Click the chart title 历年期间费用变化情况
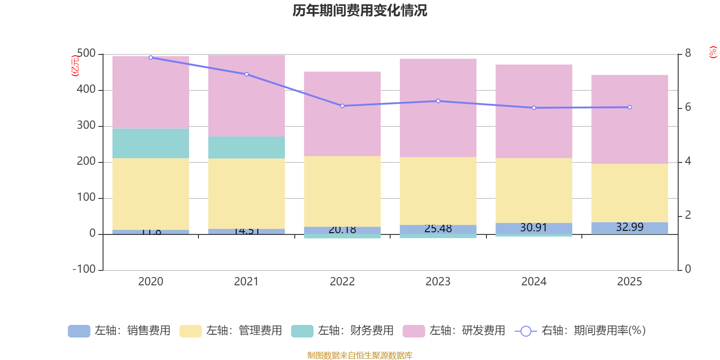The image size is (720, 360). click(360, 10)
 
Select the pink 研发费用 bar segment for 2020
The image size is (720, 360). click(151, 92)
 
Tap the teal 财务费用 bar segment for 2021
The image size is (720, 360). click(247, 147)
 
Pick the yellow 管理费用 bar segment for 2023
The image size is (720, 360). click(438, 191)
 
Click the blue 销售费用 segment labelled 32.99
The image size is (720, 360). click(630, 228)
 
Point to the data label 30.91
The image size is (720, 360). click(534, 228)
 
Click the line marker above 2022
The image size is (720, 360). click(342, 106)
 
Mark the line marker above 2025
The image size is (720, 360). click(630, 107)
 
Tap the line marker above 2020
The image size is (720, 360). click(151, 57)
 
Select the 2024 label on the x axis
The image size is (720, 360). click(534, 282)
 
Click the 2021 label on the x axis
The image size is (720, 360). click(247, 282)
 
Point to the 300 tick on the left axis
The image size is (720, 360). click(86, 126)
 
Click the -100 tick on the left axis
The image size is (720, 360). click(84, 270)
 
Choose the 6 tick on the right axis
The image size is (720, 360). click(688, 107)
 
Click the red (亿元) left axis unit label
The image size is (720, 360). click(75, 66)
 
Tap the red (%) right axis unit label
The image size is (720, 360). click(713, 52)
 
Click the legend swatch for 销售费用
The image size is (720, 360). click(79, 331)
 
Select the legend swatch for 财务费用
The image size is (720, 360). click(302, 331)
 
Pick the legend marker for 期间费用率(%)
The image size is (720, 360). click(526, 331)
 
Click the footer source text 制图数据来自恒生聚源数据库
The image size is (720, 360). click(360, 355)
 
